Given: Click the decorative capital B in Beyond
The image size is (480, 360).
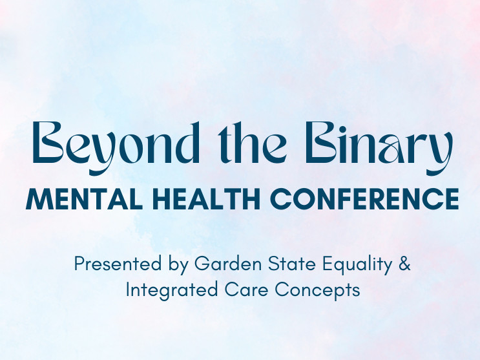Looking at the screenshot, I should (47, 142).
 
